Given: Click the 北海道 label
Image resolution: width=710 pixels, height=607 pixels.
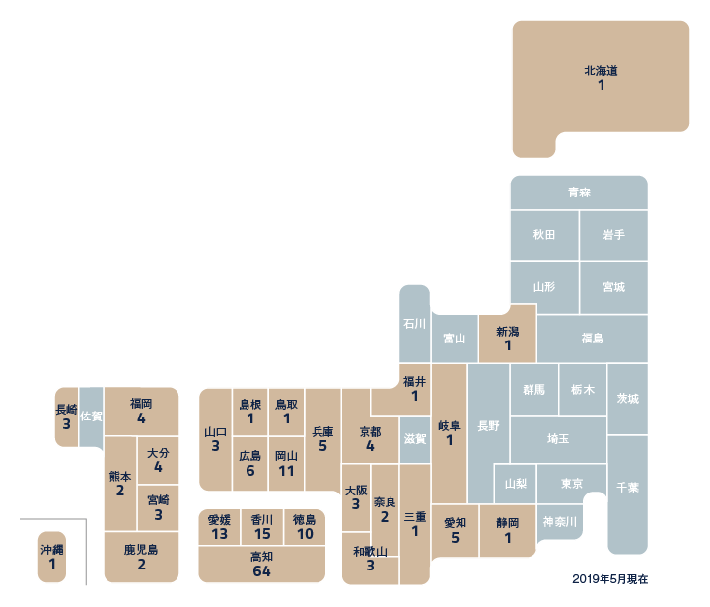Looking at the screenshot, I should point(601,71).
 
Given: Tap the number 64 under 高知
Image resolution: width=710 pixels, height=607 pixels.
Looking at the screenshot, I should point(261,571).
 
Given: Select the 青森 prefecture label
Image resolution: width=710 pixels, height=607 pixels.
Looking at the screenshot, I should point(579,193).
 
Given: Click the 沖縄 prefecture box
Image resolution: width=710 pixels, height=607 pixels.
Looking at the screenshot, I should point(52,556).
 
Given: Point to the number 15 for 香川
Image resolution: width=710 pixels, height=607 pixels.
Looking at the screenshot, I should point(261,534).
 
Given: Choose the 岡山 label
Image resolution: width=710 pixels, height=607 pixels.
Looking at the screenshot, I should point(286,456).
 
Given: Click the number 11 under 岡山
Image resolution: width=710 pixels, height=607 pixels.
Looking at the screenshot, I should point(286,471).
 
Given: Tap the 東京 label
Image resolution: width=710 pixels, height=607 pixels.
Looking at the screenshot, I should point(571,484).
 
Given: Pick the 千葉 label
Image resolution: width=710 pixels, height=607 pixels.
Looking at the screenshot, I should point(627,488).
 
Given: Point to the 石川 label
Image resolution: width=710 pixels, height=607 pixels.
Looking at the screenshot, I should point(414,324).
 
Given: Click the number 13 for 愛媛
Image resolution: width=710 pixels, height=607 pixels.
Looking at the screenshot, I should point(219,534).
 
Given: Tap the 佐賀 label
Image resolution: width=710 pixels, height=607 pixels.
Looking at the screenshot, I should point(91,417).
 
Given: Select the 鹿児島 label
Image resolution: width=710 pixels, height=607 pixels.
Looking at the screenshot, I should point(141,549).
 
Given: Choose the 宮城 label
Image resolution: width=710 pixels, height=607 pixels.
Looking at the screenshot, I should point(613,287).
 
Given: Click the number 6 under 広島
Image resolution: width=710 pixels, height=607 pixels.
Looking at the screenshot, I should point(249,471).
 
